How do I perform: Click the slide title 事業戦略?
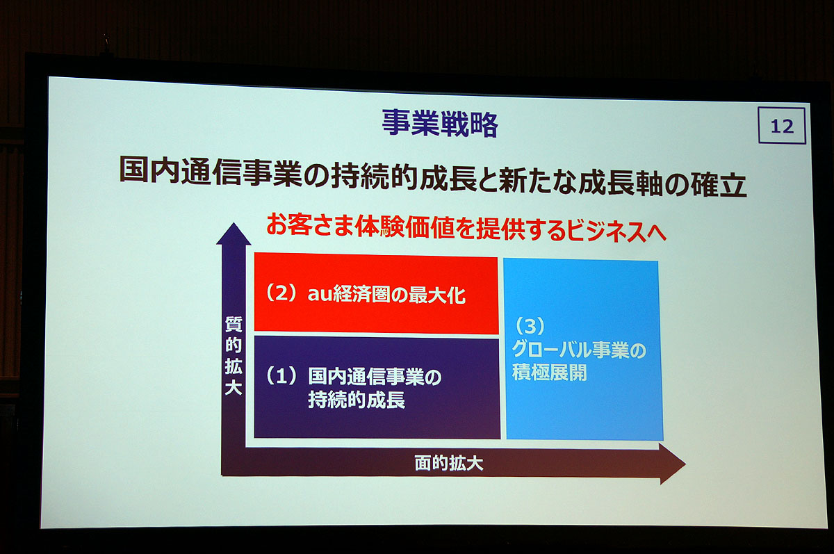click(x=440, y=124)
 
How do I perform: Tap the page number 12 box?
click(x=782, y=126)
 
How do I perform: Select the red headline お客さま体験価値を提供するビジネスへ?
click(x=466, y=227)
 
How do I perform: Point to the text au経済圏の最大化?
click(x=386, y=295)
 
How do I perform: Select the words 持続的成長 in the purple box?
click(x=357, y=400)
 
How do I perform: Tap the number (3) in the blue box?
click(x=530, y=326)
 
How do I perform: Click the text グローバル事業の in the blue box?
click(x=578, y=350)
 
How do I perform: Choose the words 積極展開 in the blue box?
click(x=549, y=372)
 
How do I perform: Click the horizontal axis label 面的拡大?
click(x=449, y=464)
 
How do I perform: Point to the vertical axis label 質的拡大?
click(x=234, y=356)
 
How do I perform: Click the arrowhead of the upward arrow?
click(x=234, y=234)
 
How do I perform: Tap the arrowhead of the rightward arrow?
click(x=673, y=464)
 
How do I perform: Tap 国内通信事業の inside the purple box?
click(x=375, y=377)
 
